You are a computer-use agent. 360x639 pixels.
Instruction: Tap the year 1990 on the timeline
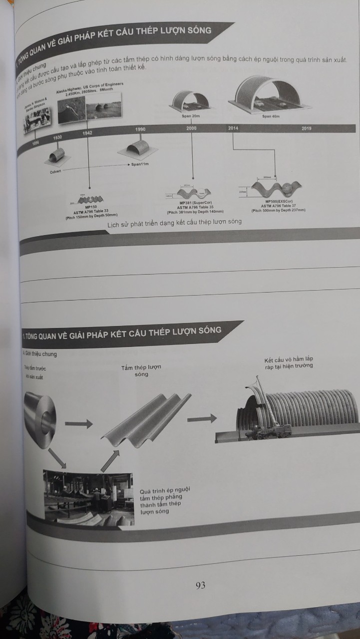click(140, 129)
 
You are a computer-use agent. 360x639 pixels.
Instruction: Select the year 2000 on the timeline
click(191, 128)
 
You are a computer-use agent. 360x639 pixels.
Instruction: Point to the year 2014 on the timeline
click(233, 128)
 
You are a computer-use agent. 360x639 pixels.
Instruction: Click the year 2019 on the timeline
click(307, 129)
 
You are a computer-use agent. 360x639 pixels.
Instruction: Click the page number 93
click(201, 586)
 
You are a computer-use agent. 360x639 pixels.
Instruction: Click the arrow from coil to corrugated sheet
click(78, 424)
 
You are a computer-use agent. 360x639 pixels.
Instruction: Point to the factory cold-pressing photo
click(88, 497)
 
